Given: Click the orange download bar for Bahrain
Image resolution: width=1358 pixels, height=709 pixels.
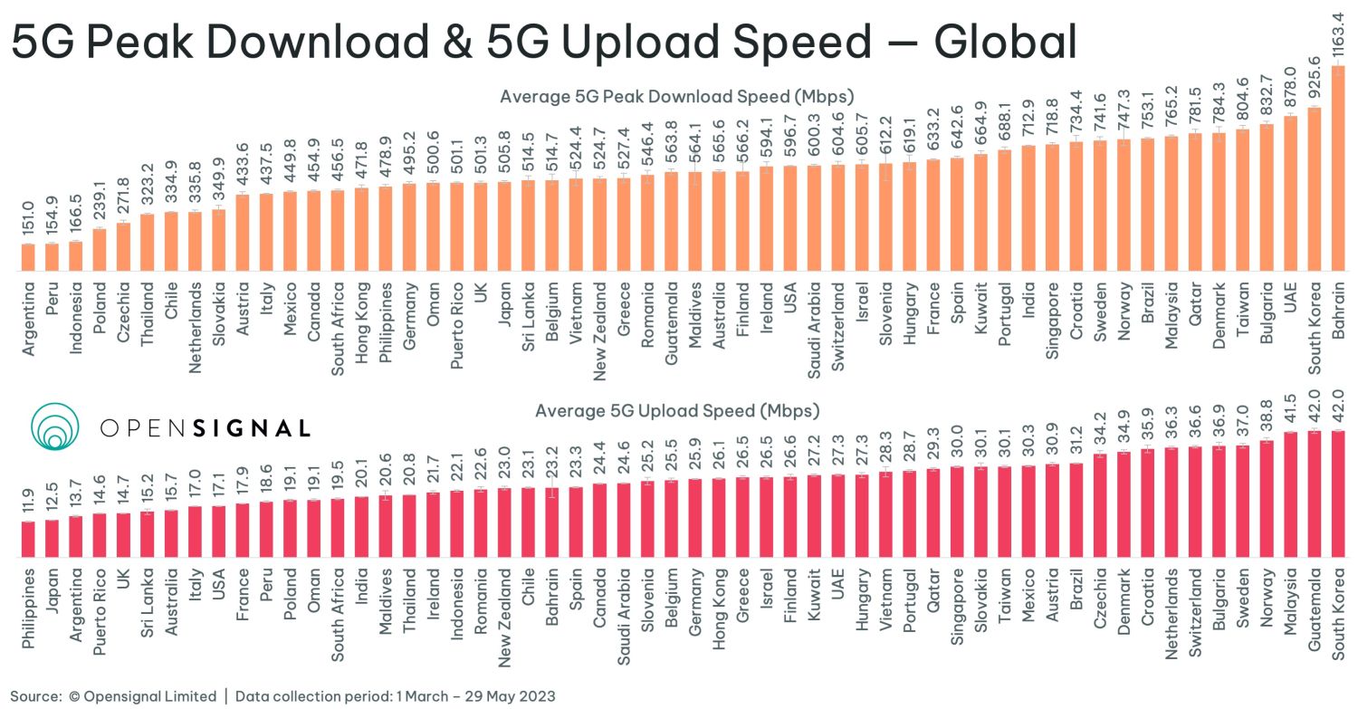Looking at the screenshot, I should pyautogui.click(x=1337, y=168).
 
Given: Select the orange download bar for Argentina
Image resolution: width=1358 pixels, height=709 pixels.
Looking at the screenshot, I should pyautogui.click(x=28, y=258).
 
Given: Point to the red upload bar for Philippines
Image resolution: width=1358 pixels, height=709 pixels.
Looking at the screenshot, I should pyautogui.click(x=28, y=540).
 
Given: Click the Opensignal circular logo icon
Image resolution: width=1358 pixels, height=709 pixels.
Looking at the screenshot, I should pyautogui.click(x=56, y=426).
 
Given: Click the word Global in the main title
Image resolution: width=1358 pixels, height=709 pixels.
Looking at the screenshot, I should pyautogui.click(x=1005, y=43).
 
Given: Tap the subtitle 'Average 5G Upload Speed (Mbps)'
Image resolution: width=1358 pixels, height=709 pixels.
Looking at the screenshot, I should pyautogui.click(x=677, y=411).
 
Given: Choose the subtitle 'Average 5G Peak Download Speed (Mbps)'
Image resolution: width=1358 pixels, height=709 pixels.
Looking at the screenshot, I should pyautogui.click(x=677, y=96).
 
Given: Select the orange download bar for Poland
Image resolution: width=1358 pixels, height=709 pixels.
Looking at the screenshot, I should pyautogui.click(x=99, y=250).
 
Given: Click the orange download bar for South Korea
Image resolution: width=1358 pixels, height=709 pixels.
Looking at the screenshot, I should pyautogui.click(x=1314, y=190).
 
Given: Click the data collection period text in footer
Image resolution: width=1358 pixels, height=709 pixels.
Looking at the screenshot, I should pyautogui.click(x=395, y=696).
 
